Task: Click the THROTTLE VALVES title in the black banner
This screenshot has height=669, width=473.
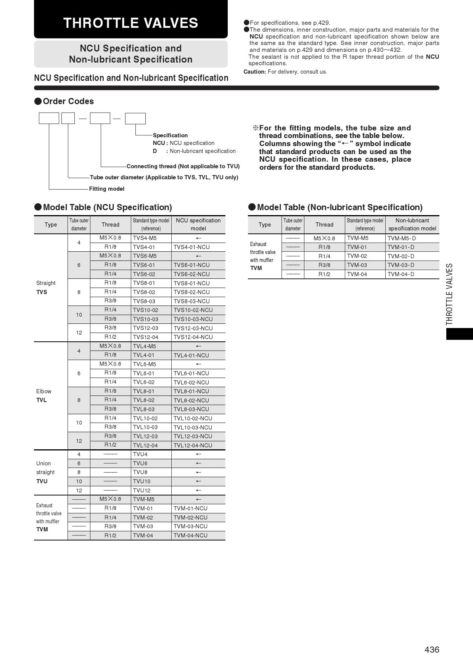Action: (130, 23)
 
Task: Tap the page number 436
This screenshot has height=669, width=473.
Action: (432, 650)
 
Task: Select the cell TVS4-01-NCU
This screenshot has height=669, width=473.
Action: (191, 247)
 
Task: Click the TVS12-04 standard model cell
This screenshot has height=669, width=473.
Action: (145, 337)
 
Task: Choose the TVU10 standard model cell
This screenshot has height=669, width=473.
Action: (142, 481)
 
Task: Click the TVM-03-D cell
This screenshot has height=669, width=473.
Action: (401, 265)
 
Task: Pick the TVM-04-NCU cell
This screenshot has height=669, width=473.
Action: (190, 536)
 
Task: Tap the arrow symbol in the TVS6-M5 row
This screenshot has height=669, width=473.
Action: (198, 256)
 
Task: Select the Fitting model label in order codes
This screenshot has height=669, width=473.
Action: (107, 189)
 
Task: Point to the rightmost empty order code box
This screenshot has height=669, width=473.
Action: (135, 119)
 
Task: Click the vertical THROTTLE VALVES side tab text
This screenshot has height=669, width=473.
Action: (449, 294)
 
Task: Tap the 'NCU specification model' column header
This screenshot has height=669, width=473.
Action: (198, 225)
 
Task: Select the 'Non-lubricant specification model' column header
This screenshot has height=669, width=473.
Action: (412, 225)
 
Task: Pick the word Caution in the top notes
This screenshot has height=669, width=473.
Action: (254, 72)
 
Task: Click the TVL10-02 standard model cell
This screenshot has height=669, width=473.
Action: (145, 418)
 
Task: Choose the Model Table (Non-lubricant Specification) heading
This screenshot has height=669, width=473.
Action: (339, 207)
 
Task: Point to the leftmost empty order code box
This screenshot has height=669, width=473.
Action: (49, 119)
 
